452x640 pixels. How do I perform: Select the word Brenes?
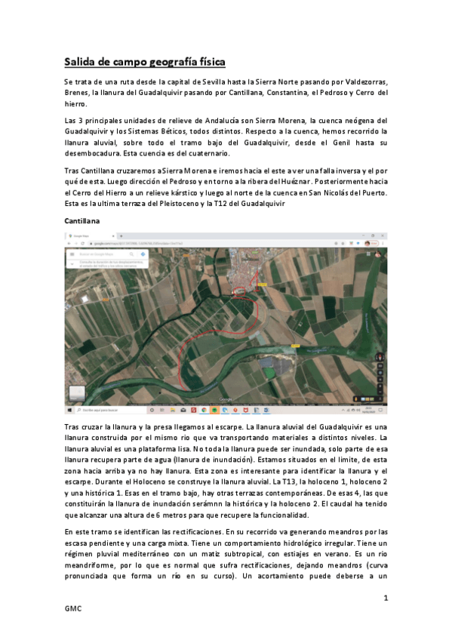tap(77, 93)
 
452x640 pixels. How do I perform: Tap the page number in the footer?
tap(385, 598)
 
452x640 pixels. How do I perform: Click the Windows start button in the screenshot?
tap(69, 410)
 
